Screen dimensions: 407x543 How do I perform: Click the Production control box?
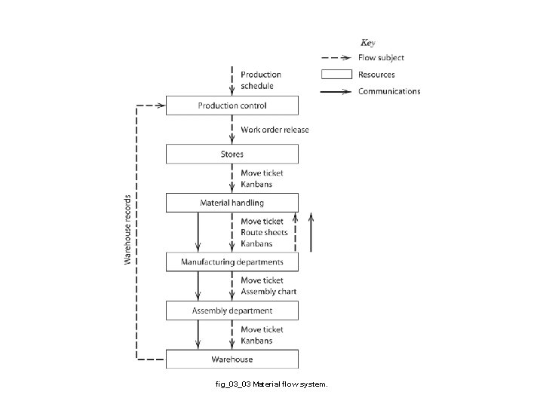[x=232, y=106]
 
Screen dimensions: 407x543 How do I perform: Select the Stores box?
[x=232, y=155]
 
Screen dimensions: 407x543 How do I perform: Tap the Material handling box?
[x=232, y=203]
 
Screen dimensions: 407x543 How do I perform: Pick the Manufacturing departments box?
[x=232, y=262]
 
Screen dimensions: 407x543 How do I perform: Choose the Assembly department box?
[x=232, y=311]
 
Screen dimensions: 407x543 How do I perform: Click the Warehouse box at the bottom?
[x=232, y=359]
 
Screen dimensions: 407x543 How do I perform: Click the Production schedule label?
[x=261, y=80]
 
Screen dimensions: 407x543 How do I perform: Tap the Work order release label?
[x=275, y=130]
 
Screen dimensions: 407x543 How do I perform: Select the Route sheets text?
[x=264, y=233]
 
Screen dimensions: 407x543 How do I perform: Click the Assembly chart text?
[x=268, y=292]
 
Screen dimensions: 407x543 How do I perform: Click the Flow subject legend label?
[x=381, y=58]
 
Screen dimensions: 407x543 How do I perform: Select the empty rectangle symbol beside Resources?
[x=336, y=75]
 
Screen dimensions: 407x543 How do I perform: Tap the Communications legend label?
[x=389, y=91]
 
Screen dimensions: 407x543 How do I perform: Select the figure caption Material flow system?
[x=271, y=384]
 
